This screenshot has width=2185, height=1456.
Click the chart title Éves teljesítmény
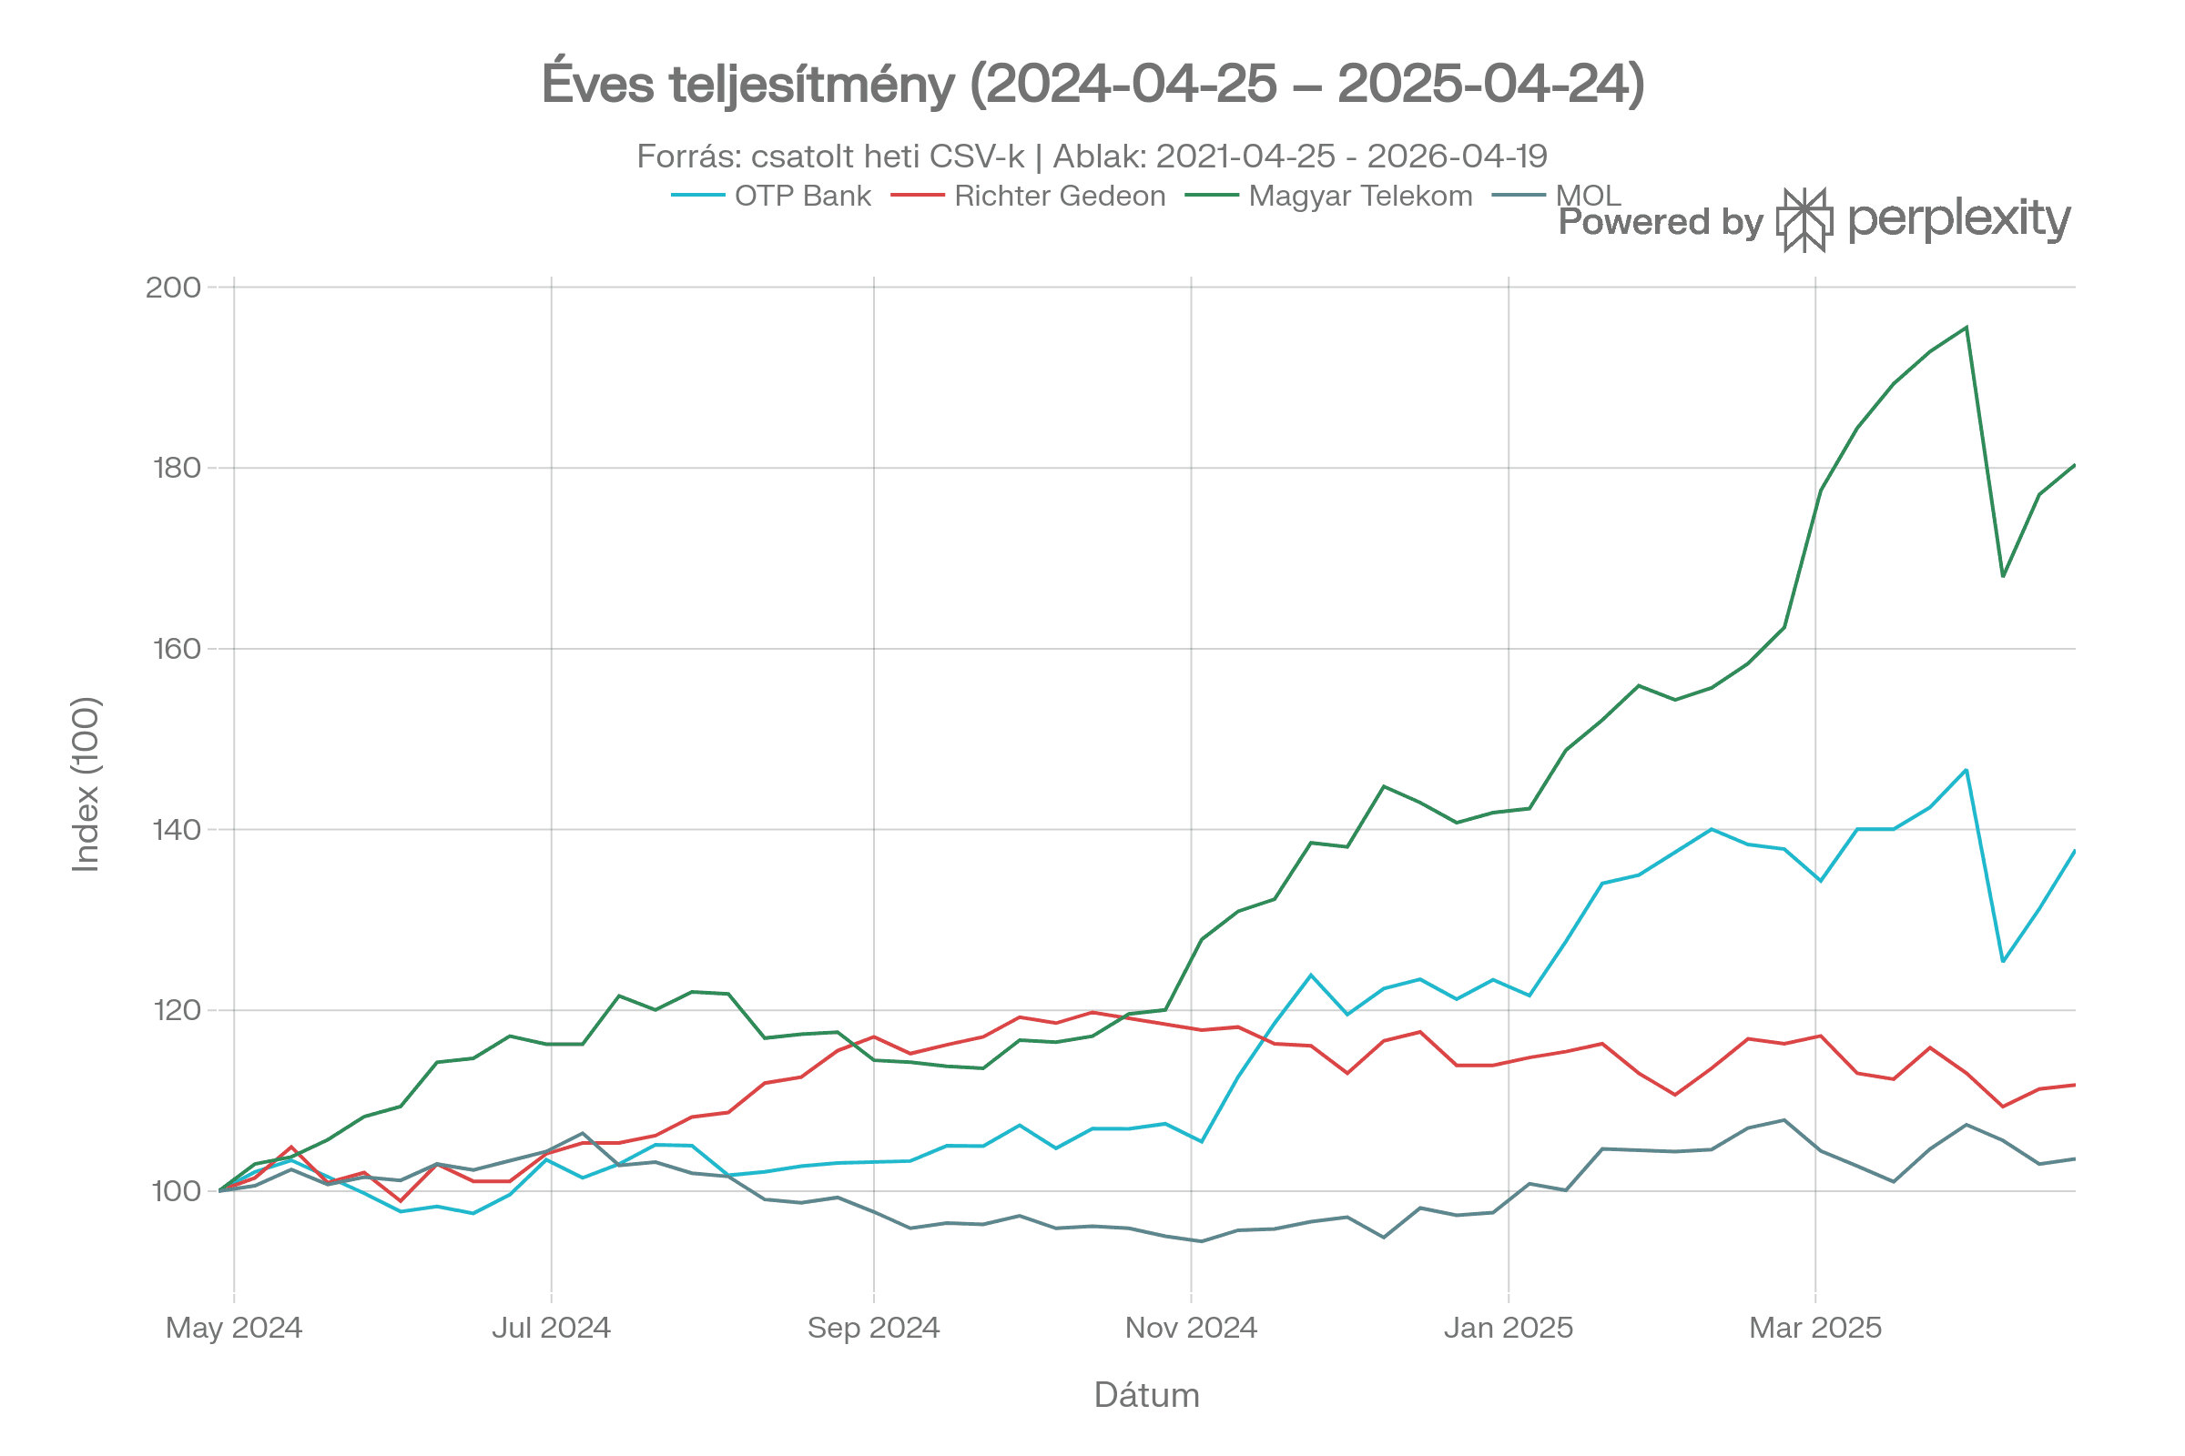click(1092, 85)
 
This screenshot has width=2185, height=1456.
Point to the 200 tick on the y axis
click(174, 287)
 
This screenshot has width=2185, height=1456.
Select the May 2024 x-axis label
click(234, 1328)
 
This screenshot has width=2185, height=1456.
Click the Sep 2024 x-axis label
click(873, 1328)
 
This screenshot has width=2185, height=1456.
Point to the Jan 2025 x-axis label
click(1509, 1328)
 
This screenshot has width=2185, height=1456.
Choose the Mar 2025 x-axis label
click(1815, 1328)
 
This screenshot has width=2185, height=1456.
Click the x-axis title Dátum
click(1147, 1396)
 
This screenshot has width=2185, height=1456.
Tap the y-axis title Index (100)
click(86, 784)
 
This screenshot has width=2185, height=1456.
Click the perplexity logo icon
click(1804, 220)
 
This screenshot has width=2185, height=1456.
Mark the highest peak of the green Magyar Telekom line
click(1966, 327)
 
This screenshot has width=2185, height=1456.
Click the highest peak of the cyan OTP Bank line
click(1966, 770)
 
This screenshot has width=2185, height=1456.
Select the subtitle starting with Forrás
click(1092, 156)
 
